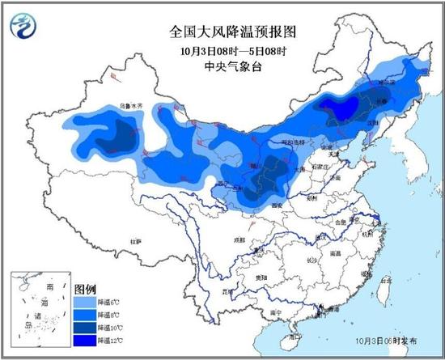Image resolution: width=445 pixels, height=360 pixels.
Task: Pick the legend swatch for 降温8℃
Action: tap(84, 315)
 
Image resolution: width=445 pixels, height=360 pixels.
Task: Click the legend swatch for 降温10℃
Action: tap(84, 328)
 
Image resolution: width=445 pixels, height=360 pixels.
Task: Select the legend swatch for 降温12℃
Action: tap(84, 341)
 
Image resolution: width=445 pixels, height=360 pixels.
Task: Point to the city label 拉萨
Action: tap(138, 241)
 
